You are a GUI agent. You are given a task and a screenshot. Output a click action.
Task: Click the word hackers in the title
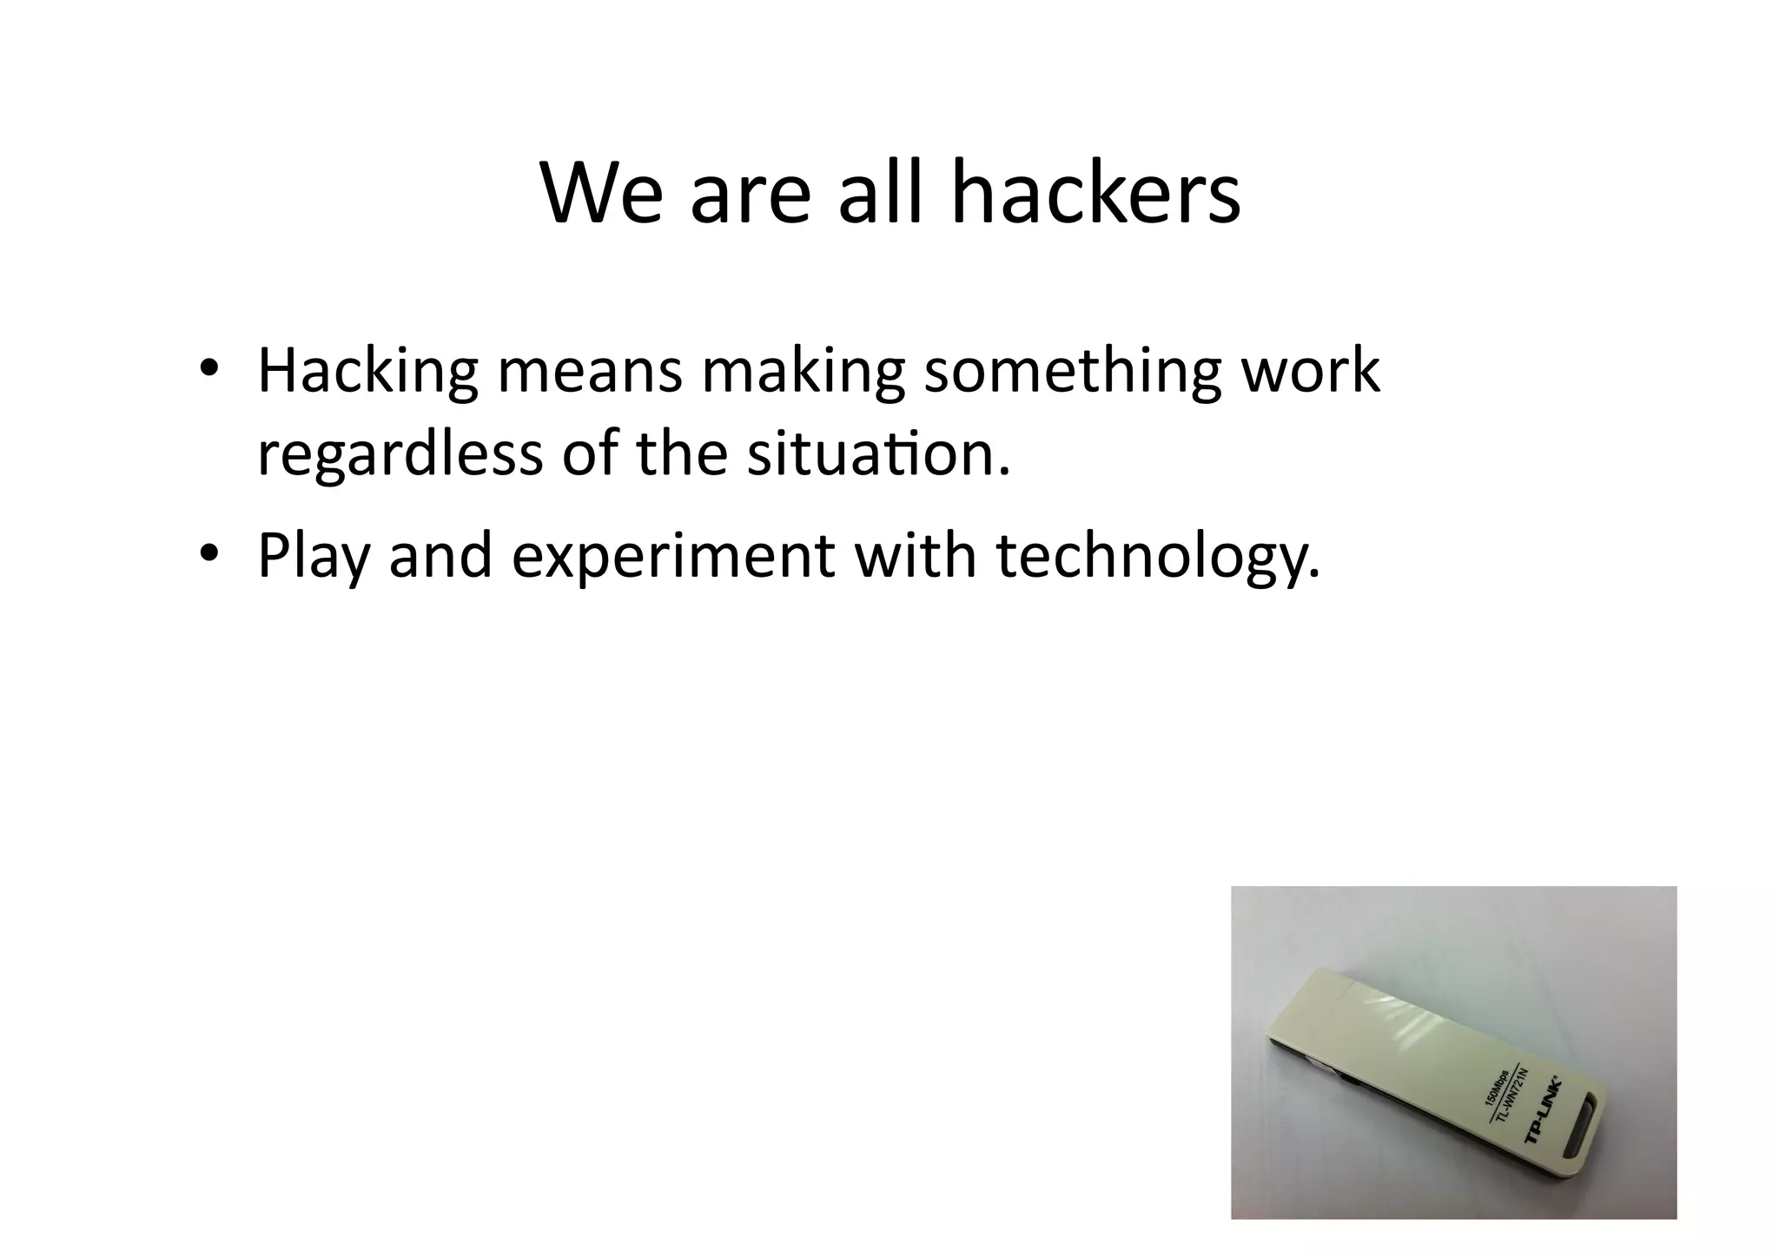coord(1095,192)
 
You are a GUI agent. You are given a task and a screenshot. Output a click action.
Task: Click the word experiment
coord(673,556)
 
